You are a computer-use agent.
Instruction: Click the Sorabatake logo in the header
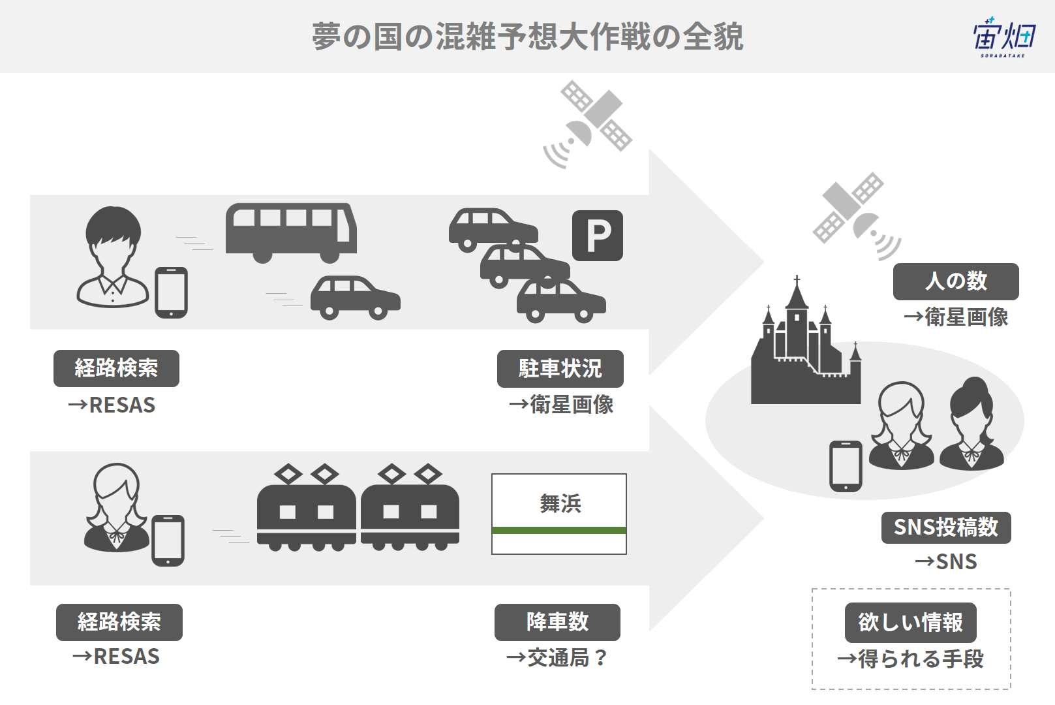tap(1004, 38)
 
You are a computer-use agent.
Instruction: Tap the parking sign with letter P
tap(597, 235)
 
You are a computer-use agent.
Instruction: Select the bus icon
tap(291, 233)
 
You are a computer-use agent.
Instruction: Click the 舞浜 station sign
tap(559, 514)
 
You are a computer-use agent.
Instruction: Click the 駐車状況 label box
tap(560, 369)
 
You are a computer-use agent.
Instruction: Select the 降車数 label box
tap(557, 622)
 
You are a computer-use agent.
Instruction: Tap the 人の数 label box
tap(956, 281)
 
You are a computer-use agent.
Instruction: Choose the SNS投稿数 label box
tap(946, 527)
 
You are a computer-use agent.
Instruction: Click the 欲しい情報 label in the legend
tap(910, 623)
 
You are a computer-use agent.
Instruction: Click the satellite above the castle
tap(857, 217)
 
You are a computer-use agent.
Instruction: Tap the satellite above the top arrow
tap(587, 125)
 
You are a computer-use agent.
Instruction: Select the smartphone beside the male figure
tap(172, 292)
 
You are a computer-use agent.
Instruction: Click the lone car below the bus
tap(356, 298)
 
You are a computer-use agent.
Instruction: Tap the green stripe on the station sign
tap(559, 530)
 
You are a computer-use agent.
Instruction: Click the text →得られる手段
tap(910, 659)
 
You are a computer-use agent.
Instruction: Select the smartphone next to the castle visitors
tap(846, 466)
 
